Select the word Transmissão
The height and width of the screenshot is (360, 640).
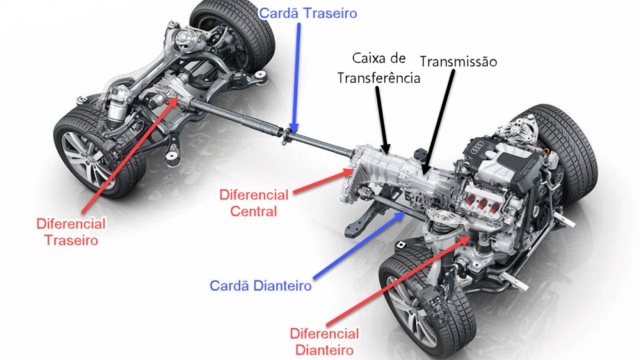[x=458, y=62]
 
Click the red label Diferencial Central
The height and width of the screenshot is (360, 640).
[x=253, y=202]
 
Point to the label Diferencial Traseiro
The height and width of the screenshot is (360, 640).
[x=71, y=231]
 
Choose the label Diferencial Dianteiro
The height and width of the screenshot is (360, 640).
[x=324, y=341]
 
